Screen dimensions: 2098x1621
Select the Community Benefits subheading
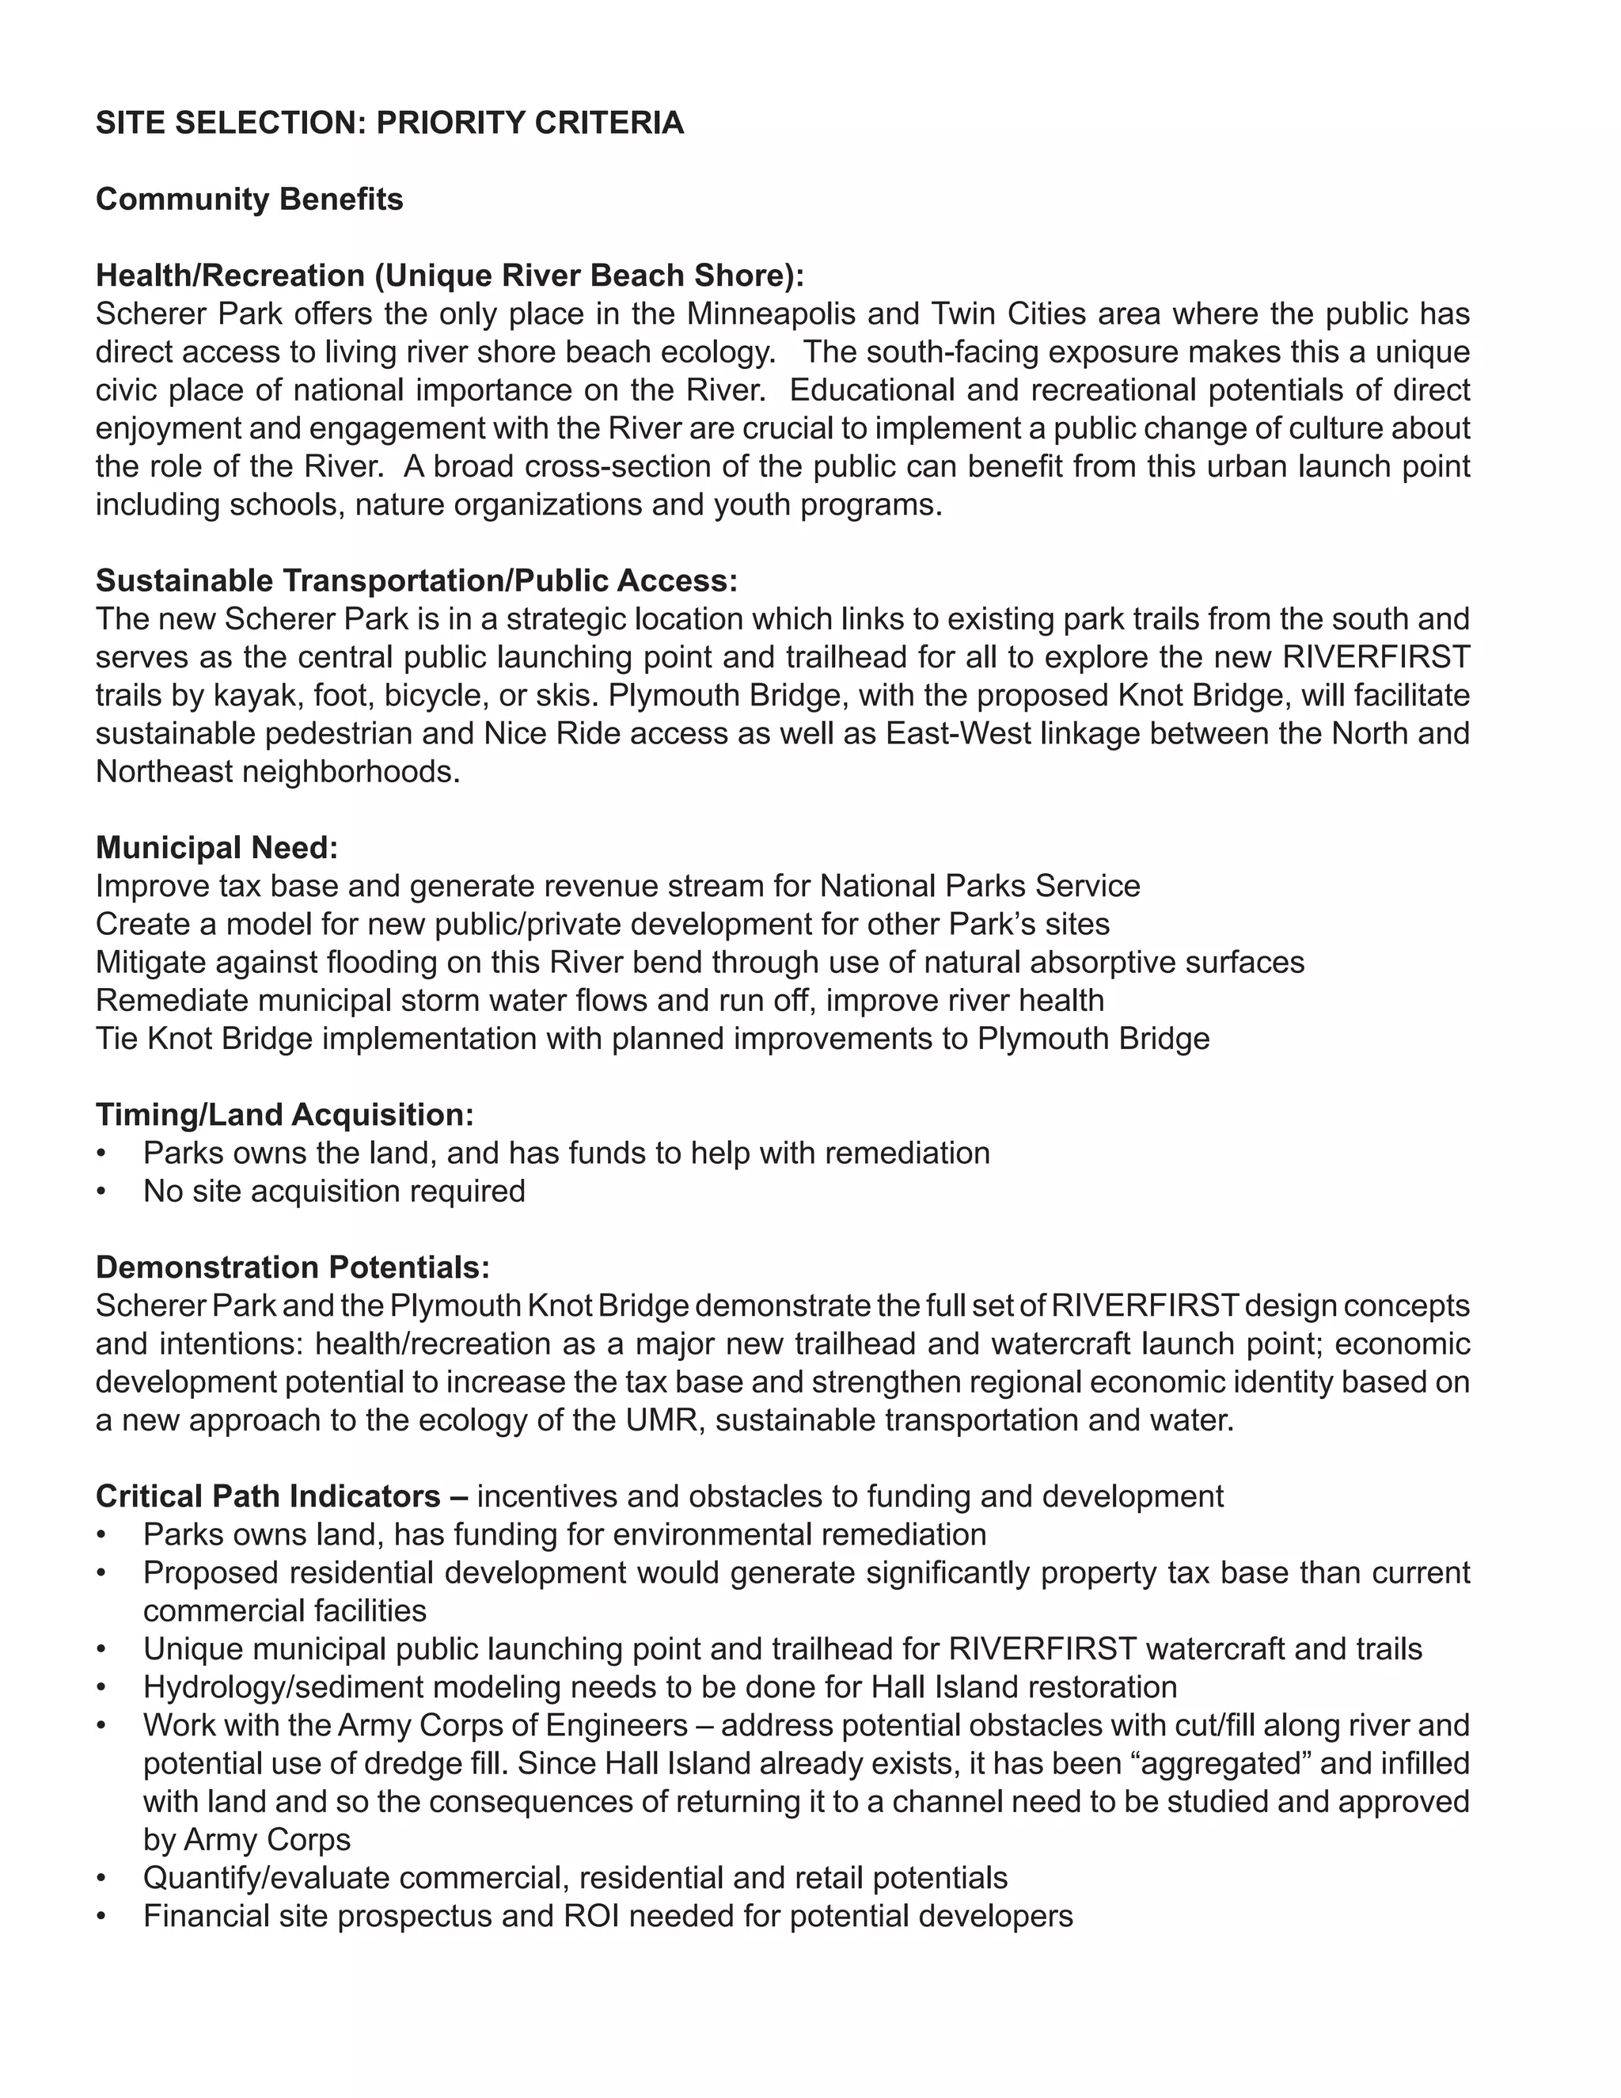(249, 199)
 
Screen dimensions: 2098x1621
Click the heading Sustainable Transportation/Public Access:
(416, 580)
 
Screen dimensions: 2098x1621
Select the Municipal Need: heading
(216, 847)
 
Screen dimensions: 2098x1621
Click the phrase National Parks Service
(980, 886)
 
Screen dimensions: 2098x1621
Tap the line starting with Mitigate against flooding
(699, 962)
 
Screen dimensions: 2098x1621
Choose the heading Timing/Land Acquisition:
(284, 1115)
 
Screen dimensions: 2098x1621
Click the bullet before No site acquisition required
(101, 1192)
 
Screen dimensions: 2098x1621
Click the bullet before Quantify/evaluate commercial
(101, 1879)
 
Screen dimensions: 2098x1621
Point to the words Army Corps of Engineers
(512, 1725)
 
